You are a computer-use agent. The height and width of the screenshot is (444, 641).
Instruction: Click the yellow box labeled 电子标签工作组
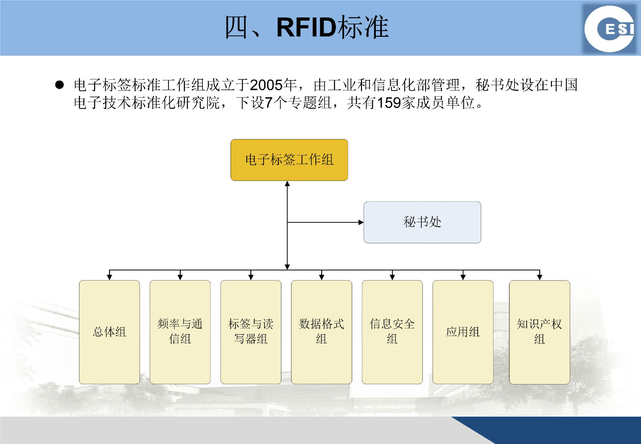[x=289, y=160]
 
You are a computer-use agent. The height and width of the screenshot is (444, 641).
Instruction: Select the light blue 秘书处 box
[x=422, y=222]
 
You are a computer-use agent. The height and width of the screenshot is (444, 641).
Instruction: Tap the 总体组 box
[x=109, y=332]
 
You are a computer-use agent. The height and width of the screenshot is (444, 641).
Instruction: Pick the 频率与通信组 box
[x=180, y=332]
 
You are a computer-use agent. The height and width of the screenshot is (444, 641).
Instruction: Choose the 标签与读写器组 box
[x=251, y=332]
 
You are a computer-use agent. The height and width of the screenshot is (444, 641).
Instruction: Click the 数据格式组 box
[x=322, y=332]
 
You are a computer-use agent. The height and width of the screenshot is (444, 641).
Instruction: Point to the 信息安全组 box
[x=392, y=332]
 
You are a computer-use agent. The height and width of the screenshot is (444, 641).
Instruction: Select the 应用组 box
[x=463, y=332]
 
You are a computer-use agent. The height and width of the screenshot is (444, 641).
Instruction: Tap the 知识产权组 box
[x=539, y=332]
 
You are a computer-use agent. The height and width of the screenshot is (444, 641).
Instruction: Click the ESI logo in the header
[x=610, y=29]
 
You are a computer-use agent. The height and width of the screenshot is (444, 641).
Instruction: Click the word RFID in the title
[x=306, y=27]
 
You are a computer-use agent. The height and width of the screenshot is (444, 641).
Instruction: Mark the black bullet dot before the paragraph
[x=59, y=84]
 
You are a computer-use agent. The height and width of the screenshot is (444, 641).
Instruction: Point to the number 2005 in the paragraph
[x=266, y=85]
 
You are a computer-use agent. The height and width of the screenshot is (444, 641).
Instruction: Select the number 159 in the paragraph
[x=388, y=103]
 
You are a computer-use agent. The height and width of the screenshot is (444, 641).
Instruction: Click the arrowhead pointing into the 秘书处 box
[x=361, y=222]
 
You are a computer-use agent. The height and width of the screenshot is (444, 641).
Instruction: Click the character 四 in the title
[x=236, y=27]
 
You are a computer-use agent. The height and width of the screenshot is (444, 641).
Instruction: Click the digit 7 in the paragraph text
[x=269, y=103]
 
